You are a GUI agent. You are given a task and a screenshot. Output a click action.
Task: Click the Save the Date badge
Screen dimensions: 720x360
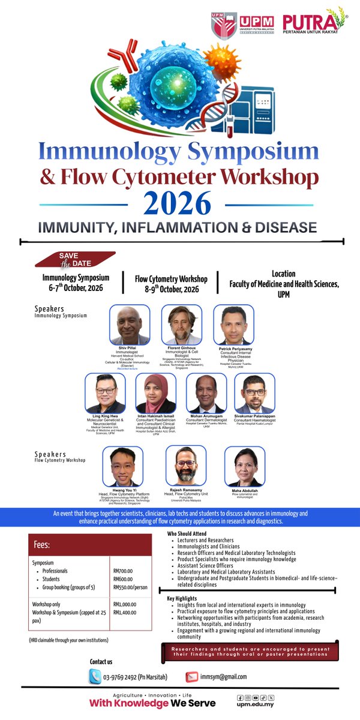pyautogui.click(x=75, y=259)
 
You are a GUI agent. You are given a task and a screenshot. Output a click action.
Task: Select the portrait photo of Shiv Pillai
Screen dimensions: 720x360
pyautogui.click(x=130, y=325)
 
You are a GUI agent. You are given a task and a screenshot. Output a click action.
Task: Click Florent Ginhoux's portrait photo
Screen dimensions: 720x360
pyautogui.click(x=182, y=325)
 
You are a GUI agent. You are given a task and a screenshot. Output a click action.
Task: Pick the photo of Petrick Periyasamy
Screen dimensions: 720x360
pyautogui.click(x=233, y=325)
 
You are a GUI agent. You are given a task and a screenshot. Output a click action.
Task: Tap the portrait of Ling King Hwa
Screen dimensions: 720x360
pyautogui.click(x=105, y=394)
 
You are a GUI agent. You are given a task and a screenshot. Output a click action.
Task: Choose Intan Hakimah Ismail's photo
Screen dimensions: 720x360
pyautogui.click(x=156, y=394)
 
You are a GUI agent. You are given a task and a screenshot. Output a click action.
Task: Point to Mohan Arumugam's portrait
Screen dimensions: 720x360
pyautogui.click(x=206, y=394)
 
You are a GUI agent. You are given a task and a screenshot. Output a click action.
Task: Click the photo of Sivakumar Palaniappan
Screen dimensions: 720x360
pyautogui.click(x=254, y=394)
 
